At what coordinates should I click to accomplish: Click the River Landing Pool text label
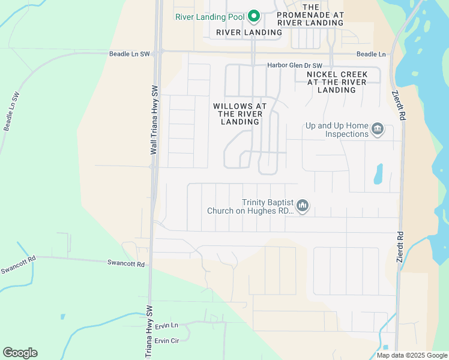pos(210,17)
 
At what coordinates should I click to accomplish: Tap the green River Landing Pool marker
pos(253,16)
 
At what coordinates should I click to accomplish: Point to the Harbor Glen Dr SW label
pos(295,65)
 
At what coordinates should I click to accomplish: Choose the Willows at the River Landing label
pos(240,113)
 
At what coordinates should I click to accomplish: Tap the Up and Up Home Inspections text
pos(337,130)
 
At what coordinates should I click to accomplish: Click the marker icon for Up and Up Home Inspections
pos(378,129)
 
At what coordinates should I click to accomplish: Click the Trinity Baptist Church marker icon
pos(303,207)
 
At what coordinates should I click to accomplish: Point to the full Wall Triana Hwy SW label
pos(154,120)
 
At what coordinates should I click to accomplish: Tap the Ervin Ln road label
pos(166,325)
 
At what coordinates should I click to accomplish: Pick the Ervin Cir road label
pos(167,341)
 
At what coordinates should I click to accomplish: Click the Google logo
pos(20,353)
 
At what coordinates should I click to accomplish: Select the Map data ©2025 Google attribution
pos(412,355)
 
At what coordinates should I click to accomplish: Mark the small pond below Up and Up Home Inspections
pos(378,174)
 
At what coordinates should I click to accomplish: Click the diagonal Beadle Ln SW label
pos(12,112)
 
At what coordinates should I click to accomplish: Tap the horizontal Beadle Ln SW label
pos(130,54)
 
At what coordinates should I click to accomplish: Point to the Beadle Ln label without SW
pos(371,54)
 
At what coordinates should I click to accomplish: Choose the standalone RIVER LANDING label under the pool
pos(249,32)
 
